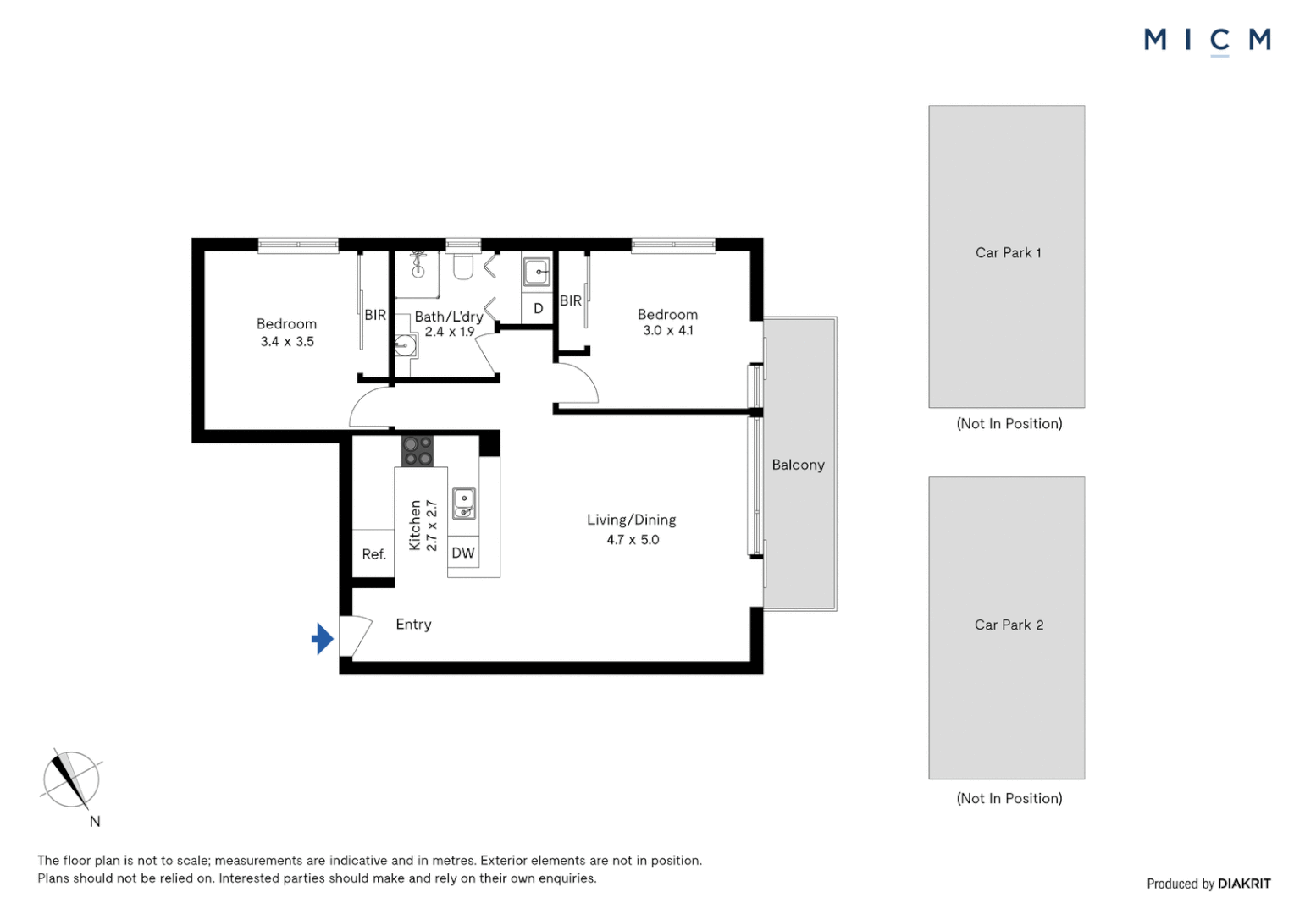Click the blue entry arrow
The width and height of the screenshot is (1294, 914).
322,639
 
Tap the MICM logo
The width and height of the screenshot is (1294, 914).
1207,40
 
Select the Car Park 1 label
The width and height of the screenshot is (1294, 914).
1008,253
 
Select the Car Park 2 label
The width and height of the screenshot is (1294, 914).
1009,625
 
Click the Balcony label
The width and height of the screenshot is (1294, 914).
798,465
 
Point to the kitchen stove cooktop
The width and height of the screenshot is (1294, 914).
417,451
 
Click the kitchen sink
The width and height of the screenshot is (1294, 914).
463,503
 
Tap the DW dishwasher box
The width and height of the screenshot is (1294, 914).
463,553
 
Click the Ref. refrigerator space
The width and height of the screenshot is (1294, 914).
373,554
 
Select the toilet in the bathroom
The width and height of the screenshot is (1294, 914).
462,267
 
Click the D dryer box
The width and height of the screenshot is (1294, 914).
538,309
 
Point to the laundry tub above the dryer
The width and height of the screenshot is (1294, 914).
537,273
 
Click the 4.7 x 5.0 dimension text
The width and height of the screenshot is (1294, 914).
633,540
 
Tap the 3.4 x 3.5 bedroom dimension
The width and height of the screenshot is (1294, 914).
287,342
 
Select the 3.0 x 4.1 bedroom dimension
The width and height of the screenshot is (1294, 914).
667,331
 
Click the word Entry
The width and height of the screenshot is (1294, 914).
413,625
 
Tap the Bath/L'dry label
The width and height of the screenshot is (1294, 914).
448,317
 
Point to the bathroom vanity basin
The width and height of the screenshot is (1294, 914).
406,345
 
